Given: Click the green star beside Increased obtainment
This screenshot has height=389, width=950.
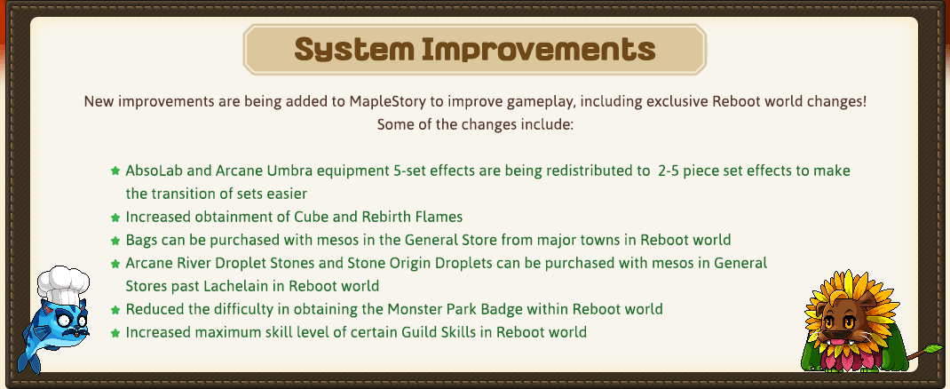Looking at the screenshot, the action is (115, 217).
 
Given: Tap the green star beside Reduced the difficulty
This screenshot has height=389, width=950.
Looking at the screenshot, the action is (115, 310).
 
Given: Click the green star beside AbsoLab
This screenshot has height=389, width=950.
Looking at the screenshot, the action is (115, 171).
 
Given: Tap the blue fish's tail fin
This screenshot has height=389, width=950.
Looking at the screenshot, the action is (28, 360).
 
